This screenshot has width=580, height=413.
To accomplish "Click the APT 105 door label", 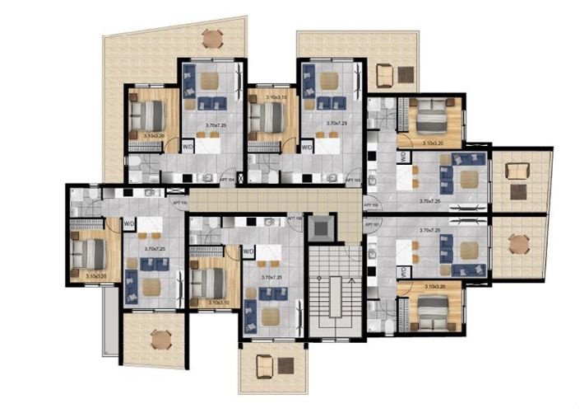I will pos(179,201).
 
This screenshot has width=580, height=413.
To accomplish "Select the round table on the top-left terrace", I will pos(212,37).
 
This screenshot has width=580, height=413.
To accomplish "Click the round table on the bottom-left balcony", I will pos(160,338).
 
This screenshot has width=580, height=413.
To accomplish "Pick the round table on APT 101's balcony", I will pos(517,244).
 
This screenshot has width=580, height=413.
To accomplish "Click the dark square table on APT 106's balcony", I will pos(285,364).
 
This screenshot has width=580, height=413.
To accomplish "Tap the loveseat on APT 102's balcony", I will pos(517,171).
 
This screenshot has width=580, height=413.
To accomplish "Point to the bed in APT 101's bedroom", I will pos(429,307).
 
